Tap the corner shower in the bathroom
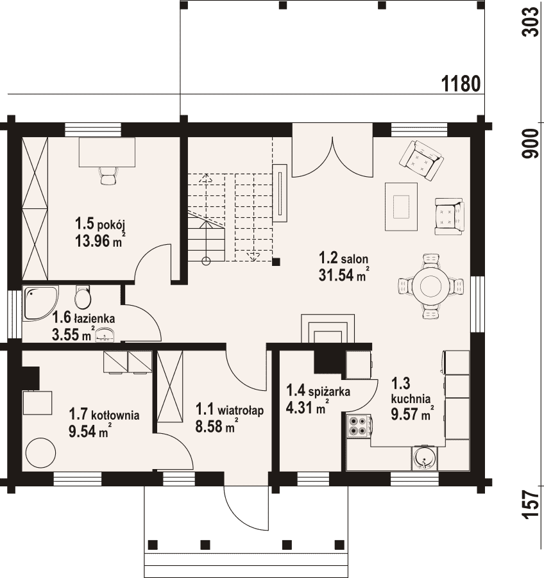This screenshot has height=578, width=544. (38, 302)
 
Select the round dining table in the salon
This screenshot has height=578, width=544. (430, 286)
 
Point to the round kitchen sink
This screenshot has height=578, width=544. (425, 458)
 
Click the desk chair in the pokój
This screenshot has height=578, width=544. (108, 175)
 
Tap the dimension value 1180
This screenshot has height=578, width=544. (461, 84)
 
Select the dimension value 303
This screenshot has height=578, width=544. (531, 22)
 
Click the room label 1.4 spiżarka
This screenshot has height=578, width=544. (318, 391)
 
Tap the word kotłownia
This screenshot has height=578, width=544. (115, 415)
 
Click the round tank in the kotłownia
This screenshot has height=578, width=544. (40, 453)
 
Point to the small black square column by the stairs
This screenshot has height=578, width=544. (276, 261)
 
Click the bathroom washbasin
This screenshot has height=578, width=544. (105, 336)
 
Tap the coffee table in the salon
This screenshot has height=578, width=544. (401, 207)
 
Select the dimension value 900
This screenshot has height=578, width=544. (531, 144)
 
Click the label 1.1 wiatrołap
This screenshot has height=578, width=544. (230, 409)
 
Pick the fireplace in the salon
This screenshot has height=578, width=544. (328, 329)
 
